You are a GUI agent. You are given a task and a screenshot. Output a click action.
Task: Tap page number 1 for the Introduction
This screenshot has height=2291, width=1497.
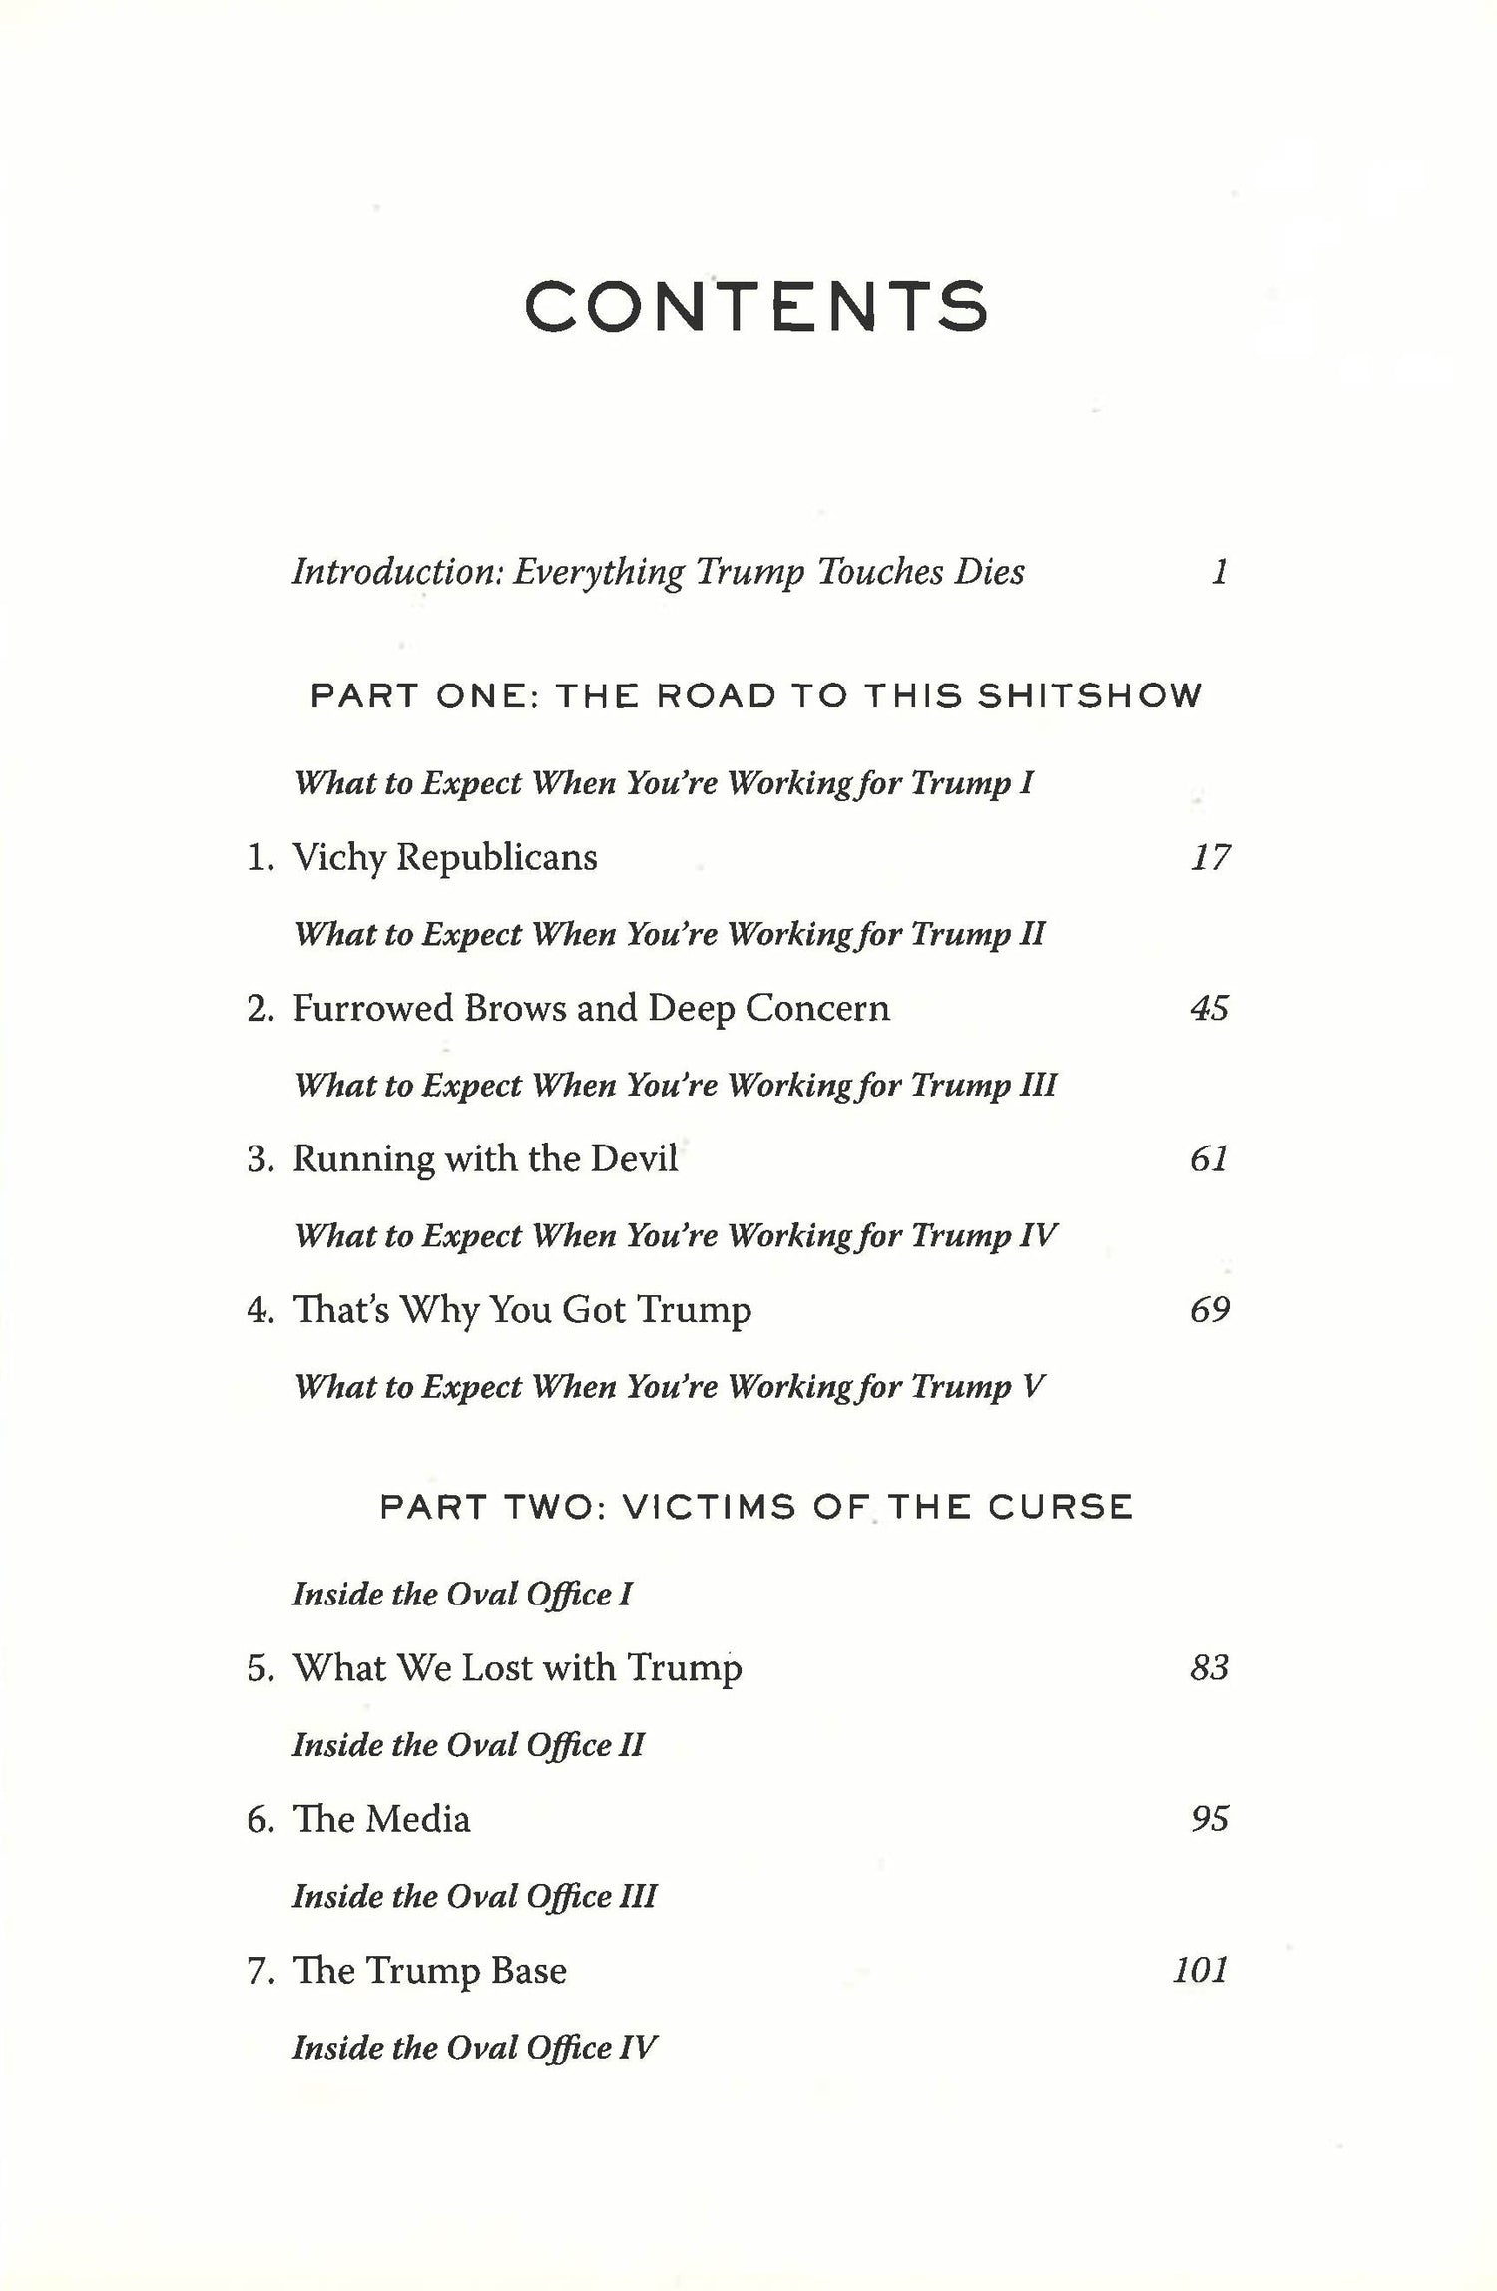1218,572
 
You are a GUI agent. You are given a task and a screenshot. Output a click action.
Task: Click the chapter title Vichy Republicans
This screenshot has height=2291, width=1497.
444,857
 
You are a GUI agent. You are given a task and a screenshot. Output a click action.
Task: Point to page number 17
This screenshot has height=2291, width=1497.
1209,857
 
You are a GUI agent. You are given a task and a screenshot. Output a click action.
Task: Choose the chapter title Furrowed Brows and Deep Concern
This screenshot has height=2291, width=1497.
590,1008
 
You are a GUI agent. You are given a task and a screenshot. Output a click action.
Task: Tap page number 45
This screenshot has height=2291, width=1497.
1209,1008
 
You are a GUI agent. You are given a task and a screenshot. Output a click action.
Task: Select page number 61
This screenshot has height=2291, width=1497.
1209,1158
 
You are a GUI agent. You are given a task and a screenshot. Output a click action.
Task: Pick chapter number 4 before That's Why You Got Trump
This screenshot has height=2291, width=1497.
258,1310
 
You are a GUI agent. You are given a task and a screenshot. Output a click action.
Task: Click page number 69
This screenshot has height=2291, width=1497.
1209,1309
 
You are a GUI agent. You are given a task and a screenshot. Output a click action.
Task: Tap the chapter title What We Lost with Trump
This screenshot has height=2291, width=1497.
517,1667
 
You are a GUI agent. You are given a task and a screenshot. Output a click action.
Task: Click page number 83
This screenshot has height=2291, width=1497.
1209,1667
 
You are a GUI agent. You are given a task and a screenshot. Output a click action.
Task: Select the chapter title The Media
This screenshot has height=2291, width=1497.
381,1818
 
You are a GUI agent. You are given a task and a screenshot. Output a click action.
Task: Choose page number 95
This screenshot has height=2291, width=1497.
1209,1818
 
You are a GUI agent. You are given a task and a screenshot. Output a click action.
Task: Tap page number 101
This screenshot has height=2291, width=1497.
1200,1970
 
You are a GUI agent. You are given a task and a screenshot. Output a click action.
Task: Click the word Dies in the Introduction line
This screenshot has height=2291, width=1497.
988,572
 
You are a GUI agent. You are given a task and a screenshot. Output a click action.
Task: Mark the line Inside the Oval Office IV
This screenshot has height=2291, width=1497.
474,2047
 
